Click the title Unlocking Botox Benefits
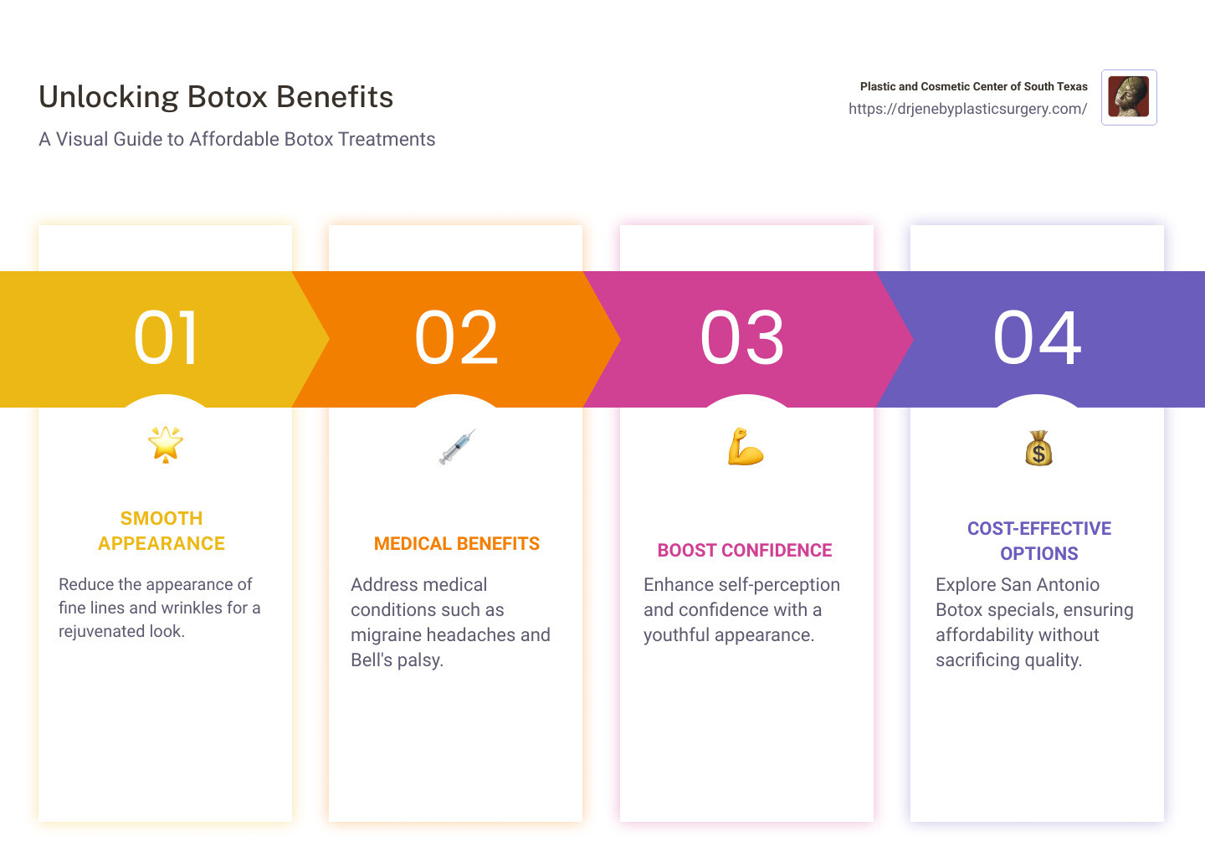216,97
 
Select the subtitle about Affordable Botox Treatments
237,139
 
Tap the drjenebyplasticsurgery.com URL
967,109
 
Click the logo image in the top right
1129,97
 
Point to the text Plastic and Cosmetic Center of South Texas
973,86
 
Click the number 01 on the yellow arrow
167,338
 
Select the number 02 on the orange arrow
457,338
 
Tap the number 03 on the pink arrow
743,338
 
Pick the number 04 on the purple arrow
1038,338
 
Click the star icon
166,444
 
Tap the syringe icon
457,447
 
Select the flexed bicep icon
746,447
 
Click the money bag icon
1038,449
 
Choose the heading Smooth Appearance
162,531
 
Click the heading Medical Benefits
457,544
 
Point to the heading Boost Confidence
745,551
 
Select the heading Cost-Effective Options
1039,541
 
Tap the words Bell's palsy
397,659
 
